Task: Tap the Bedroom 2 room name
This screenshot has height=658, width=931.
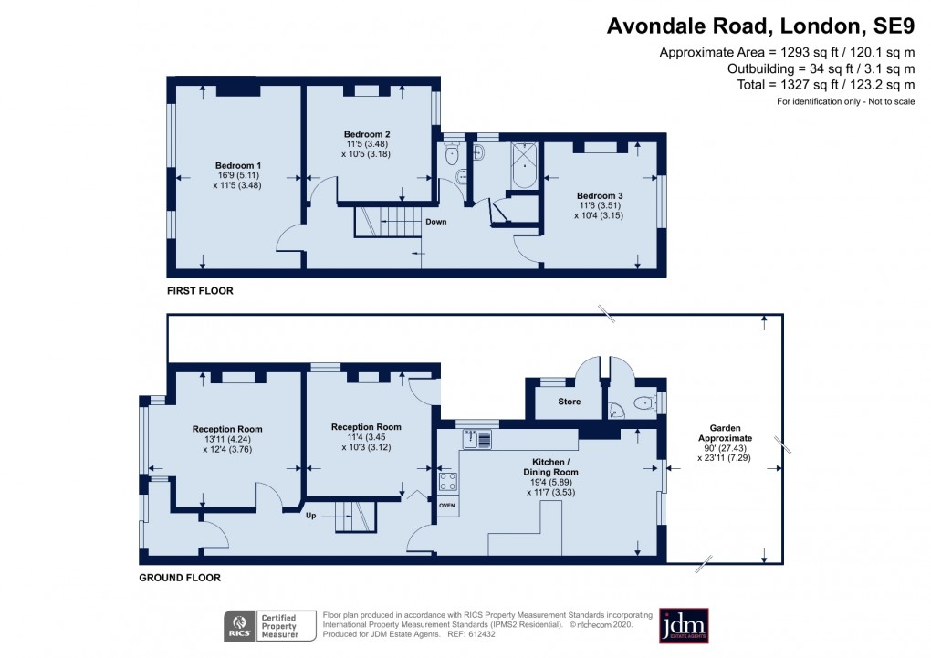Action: coord(368,133)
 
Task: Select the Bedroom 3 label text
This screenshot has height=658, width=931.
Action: coord(600,195)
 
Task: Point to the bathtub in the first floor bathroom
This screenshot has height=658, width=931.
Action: coord(525,165)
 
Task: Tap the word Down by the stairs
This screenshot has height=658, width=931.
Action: coord(435,221)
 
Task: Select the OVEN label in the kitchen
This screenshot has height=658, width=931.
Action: coord(447,505)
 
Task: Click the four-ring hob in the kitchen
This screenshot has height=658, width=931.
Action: coord(447,481)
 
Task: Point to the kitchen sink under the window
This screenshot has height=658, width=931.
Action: coord(478,439)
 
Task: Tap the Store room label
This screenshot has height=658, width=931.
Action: coord(570,402)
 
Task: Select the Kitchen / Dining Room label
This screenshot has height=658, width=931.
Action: coord(552,466)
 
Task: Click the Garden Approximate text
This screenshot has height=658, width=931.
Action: coord(726,433)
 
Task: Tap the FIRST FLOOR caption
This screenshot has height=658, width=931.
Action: coord(200,291)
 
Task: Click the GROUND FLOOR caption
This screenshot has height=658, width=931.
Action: coord(180,578)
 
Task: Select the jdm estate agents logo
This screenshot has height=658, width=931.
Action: coord(684,625)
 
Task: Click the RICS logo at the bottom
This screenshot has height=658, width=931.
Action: coord(240,626)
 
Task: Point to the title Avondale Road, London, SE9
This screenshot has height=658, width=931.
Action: coord(760,26)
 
